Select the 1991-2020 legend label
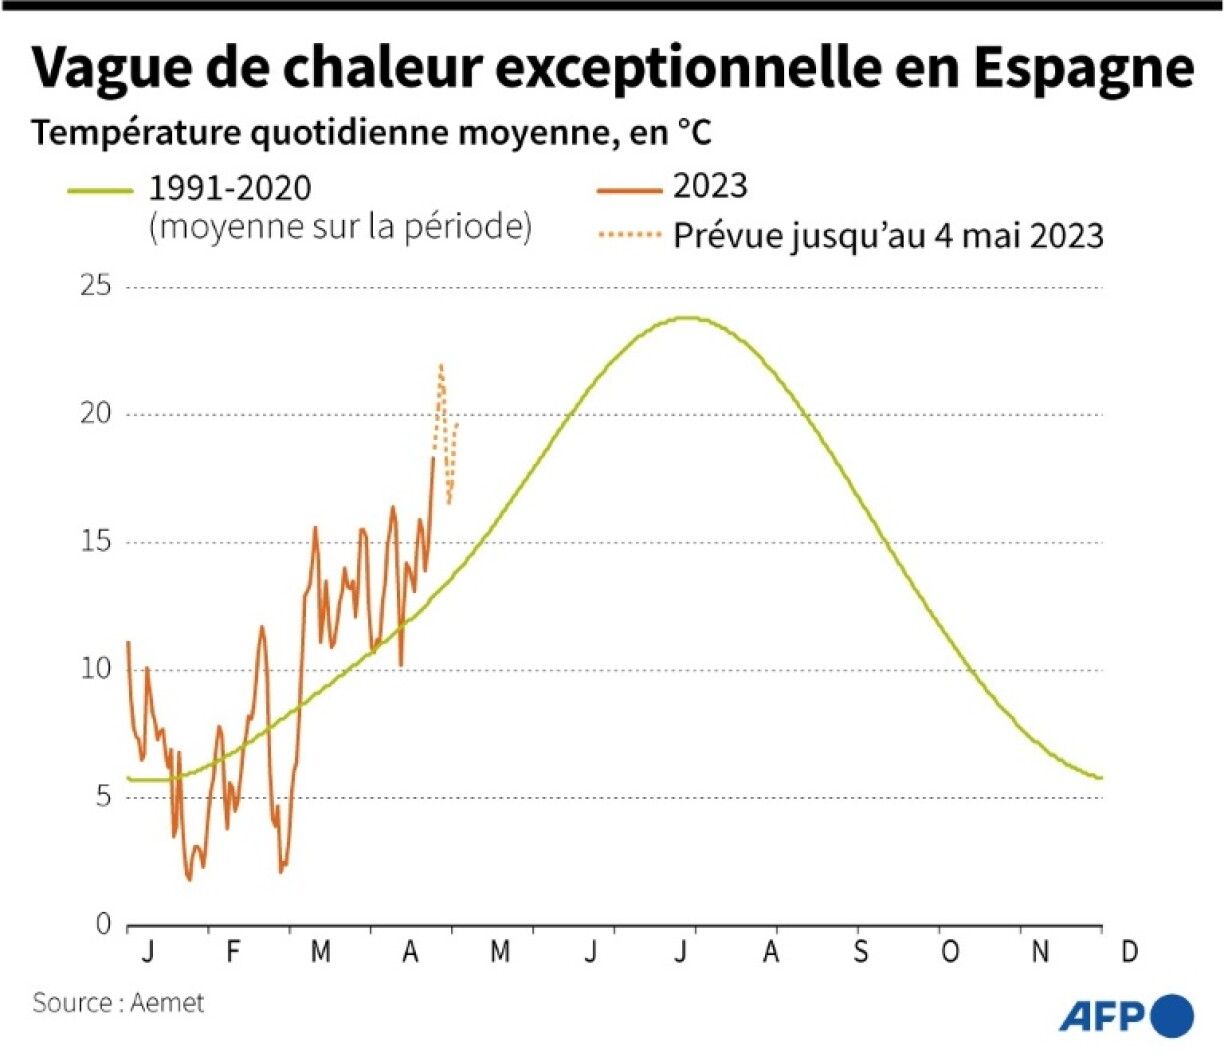(x=230, y=188)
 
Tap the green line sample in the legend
(x=99, y=189)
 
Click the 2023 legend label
(x=710, y=186)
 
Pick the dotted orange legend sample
(x=629, y=236)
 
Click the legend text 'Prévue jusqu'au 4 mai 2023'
(x=888, y=236)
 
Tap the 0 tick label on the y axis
(x=103, y=925)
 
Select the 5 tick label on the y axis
(x=103, y=797)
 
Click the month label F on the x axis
(x=233, y=951)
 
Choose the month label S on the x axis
(x=860, y=951)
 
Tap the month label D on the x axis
(x=1129, y=951)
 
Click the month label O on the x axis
(x=949, y=951)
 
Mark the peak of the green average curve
(x=687, y=318)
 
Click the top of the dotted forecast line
(x=441, y=366)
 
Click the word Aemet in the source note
(x=167, y=1002)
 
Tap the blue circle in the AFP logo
(x=1171, y=1017)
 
